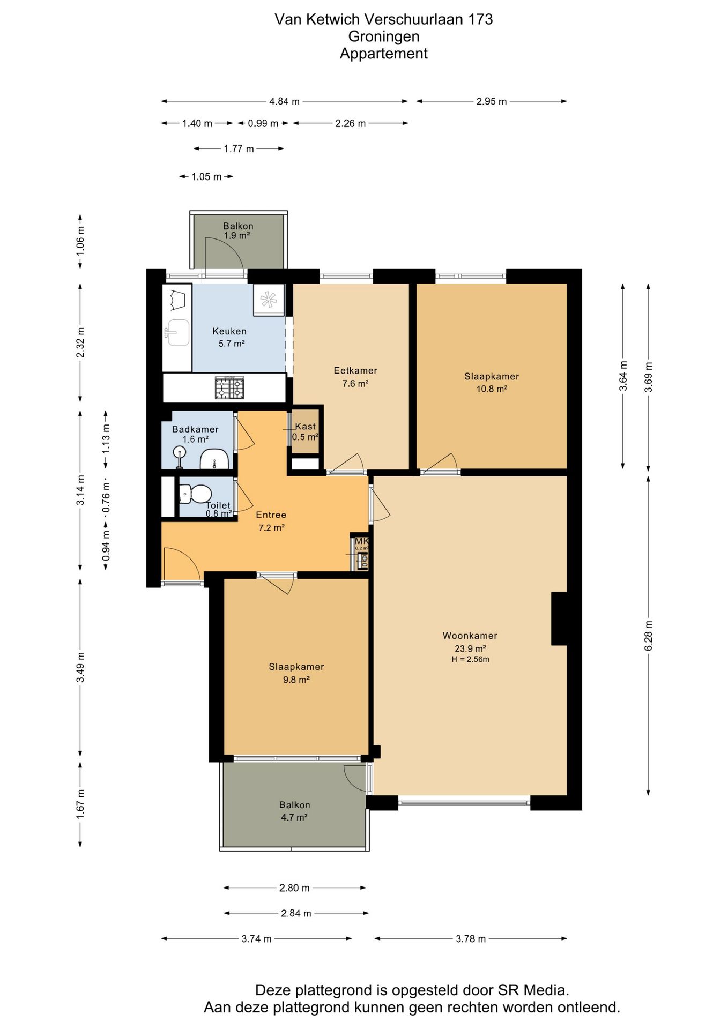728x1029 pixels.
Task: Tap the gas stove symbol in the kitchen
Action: (229, 387)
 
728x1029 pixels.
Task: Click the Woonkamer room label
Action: (470, 636)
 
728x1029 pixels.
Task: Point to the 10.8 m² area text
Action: (492, 389)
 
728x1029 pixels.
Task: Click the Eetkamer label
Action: (355, 370)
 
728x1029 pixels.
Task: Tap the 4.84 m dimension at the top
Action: (284, 101)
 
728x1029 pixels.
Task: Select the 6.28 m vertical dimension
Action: (649, 636)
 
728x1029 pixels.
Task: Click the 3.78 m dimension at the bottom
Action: (471, 938)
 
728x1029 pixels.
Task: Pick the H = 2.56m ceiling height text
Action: (470, 659)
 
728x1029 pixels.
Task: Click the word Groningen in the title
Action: (384, 36)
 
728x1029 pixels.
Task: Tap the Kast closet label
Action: (306, 427)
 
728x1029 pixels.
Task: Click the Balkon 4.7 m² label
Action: (294, 811)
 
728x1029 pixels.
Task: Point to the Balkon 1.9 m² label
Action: (238, 231)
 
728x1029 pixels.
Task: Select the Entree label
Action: (271, 515)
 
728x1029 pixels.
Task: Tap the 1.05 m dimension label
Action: (206, 177)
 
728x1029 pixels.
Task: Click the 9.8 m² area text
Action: (296, 680)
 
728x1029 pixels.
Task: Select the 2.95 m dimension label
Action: (492, 101)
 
